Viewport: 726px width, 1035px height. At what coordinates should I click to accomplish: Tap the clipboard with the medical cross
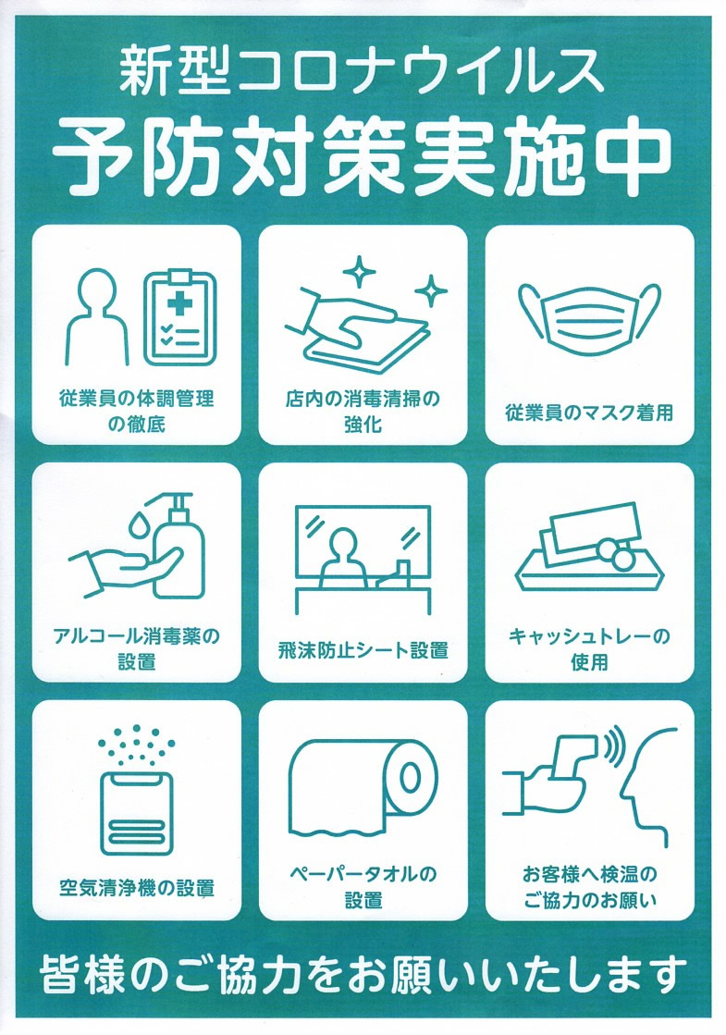pyautogui.click(x=180, y=317)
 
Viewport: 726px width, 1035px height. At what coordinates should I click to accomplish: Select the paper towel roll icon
pyautogui.click(x=363, y=787)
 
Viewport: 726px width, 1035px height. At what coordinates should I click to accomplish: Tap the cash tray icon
pyautogui.click(x=589, y=547)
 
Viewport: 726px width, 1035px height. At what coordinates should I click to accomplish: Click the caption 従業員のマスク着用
pyautogui.click(x=589, y=413)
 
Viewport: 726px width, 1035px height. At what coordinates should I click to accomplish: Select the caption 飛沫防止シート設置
pyautogui.click(x=363, y=650)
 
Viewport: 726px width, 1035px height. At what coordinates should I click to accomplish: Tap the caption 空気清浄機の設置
pyautogui.click(x=137, y=888)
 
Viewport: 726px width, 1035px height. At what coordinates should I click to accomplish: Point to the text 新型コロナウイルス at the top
pyautogui.click(x=362, y=71)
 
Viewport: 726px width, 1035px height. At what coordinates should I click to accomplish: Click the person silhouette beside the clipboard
pyautogui.click(x=97, y=317)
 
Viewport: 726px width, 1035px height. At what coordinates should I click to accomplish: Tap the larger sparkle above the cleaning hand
pyautogui.click(x=359, y=271)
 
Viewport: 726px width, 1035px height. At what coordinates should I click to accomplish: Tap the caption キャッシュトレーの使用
pyautogui.click(x=589, y=649)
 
